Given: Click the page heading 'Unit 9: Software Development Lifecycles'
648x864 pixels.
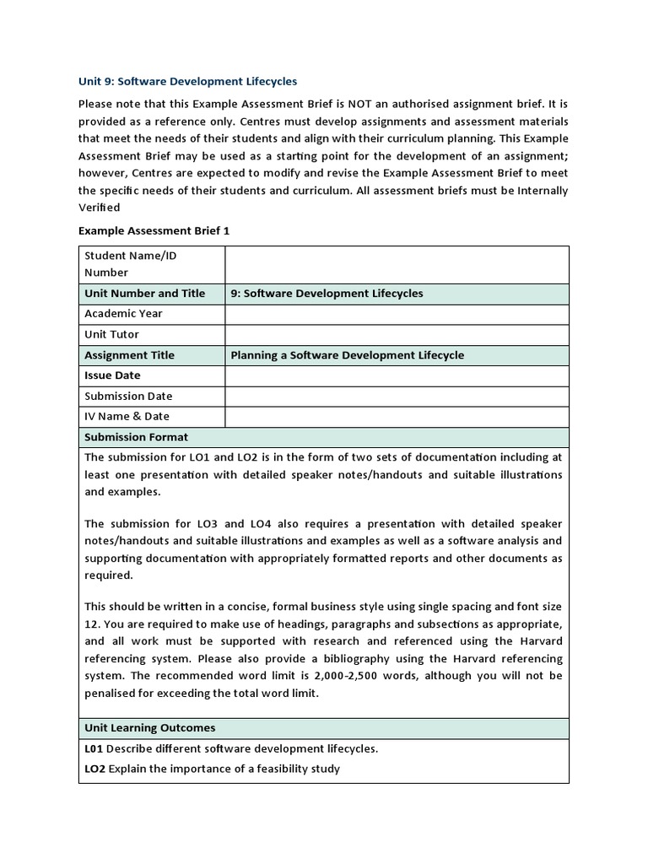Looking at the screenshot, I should [187, 82].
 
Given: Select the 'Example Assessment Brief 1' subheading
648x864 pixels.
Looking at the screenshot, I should [154, 230].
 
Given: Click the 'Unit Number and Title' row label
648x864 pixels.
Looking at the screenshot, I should [145, 294].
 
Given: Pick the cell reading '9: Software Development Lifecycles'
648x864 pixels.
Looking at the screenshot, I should [327, 294].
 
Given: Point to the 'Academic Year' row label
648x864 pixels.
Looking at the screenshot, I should [124, 314].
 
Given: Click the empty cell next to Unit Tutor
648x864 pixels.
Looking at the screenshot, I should [397, 335].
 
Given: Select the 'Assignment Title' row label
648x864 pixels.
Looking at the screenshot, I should [129, 355].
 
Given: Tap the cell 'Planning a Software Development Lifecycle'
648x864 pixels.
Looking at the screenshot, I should [347, 355].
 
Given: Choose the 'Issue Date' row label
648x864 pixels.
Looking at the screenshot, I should [112, 375].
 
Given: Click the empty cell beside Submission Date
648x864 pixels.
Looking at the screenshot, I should [397, 396].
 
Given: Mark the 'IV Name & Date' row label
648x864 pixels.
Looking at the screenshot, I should [127, 416].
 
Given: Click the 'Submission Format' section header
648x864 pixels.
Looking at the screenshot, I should [137, 437].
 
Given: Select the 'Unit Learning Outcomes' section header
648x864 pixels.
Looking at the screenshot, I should [150, 727].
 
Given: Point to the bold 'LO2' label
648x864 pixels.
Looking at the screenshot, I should [94, 769].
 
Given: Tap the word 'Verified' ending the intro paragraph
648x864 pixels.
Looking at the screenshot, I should [100, 208].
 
